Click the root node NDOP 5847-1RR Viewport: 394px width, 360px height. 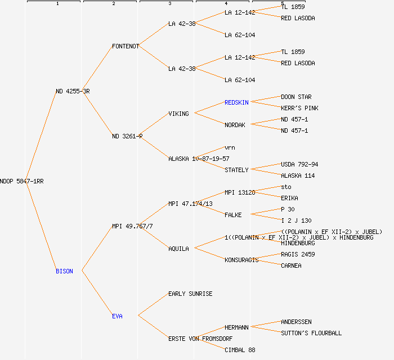(22, 181)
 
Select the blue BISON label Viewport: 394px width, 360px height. (64, 271)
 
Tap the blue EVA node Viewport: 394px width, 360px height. (117, 316)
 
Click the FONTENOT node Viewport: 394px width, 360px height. (126, 46)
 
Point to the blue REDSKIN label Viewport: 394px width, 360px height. (236, 102)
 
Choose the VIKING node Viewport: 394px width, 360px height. (178, 114)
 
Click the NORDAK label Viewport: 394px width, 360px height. (235, 125)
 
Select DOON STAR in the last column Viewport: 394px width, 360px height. (296, 97)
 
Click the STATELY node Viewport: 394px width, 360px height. (236, 170)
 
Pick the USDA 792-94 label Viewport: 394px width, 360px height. (299, 164)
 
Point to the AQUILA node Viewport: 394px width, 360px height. (178, 249)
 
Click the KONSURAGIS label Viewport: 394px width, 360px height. (241, 260)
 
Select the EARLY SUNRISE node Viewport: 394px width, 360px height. (190, 294)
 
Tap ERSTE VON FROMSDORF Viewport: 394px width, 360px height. (200, 339)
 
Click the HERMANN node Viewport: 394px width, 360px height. (236, 327)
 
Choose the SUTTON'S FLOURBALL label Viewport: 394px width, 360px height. (311, 333)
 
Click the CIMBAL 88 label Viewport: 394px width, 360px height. (240, 350)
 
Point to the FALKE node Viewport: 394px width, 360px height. (233, 215)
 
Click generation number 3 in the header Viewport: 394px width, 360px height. (169, 4)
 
